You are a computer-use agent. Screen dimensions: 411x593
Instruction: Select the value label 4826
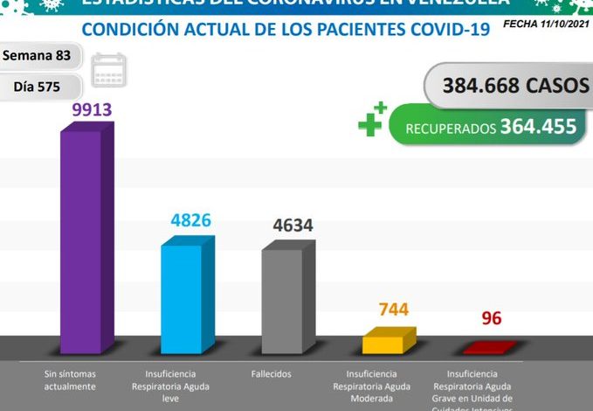pyautogui.click(x=191, y=220)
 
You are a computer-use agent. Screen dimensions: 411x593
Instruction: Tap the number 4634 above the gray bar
pyautogui.click(x=293, y=225)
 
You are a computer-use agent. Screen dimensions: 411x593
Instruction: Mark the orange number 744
pyautogui.click(x=393, y=310)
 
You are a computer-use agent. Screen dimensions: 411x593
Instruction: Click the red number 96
pyautogui.click(x=492, y=318)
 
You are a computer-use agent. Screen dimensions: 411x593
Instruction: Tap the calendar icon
pyautogui.click(x=109, y=68)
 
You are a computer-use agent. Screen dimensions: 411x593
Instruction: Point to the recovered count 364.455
pyautogui.click(x=538, y=127)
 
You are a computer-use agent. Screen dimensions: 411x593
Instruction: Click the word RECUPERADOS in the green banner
pyautogui.click(x=451, y=129)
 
